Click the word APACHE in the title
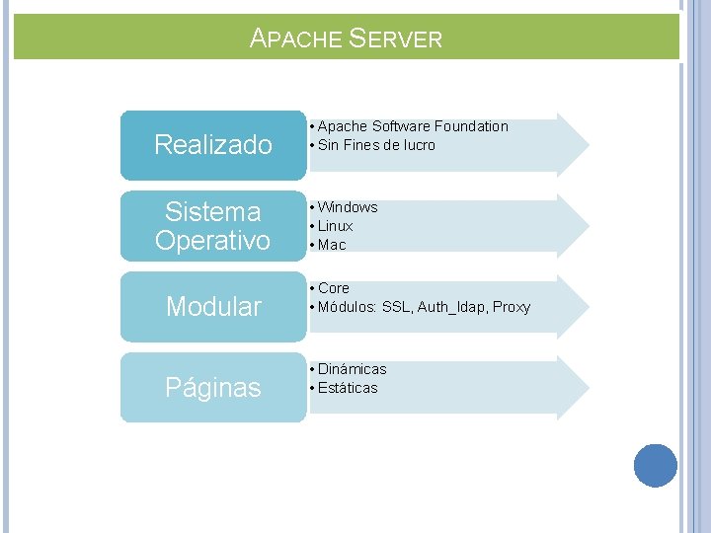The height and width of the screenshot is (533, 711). coord(293,39)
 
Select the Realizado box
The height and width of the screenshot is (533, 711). coord(213,145)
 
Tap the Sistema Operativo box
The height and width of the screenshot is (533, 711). coord(213,226)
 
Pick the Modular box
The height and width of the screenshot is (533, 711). coord(213,307)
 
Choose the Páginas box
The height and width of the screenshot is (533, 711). coord(213,388)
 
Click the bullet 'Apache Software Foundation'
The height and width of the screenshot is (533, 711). coord(413,126)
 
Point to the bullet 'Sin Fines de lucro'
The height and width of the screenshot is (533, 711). coord(376,145)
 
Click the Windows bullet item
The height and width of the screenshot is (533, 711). coord(348,207)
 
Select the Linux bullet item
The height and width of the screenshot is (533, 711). coord(336,226)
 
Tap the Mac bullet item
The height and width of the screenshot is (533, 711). coord(332,245)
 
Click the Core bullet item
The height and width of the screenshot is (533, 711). coord(334,288)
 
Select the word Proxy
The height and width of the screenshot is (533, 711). coord(512,307)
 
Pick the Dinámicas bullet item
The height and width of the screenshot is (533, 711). coord(352,369)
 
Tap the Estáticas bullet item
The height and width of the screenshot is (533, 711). coord(348,388)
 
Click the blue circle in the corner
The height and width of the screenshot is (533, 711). coord(655,466)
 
